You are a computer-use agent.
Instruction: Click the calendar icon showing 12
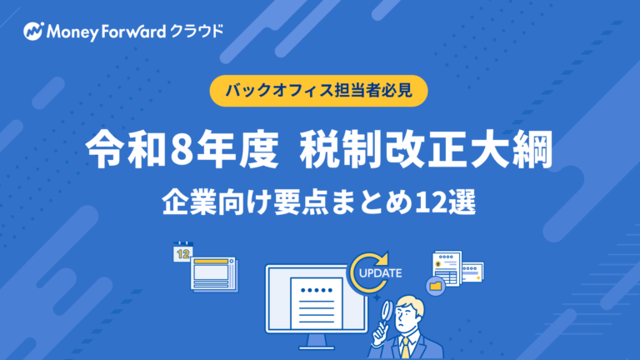[182, 253]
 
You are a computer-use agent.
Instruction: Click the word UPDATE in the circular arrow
[379, 272]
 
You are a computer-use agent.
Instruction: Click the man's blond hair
[408, 299]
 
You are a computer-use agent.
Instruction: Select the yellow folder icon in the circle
[436, 286]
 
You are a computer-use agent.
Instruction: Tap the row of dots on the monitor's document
[315, 291]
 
